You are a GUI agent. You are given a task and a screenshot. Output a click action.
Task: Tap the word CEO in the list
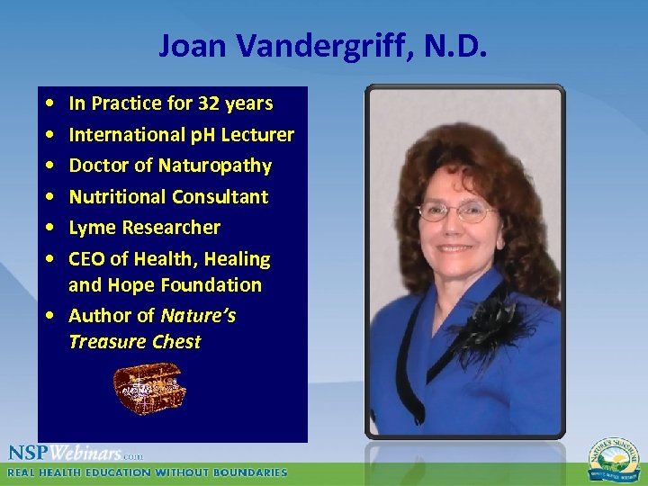click(x=86, y=259)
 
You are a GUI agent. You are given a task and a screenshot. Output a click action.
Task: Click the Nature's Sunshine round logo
click(x=614, y=460)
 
